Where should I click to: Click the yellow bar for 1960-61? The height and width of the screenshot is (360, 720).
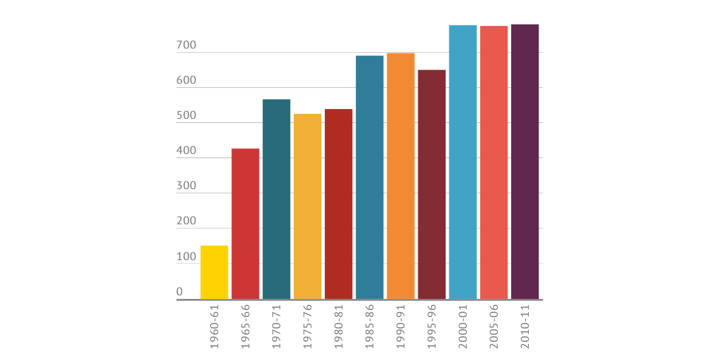click(214, 272)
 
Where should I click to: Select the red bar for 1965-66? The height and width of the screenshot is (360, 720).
click(245, 224)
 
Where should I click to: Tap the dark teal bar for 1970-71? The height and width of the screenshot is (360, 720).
click(276, 199)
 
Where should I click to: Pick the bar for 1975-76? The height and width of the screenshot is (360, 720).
click(307, 206)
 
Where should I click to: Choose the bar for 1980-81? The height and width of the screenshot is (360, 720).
click(338, 204)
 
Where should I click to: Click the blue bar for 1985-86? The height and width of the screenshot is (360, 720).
click(370, 177)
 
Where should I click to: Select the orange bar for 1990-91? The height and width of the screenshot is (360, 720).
click(401, 176)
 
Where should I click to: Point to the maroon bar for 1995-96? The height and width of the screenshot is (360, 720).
click(432, 184)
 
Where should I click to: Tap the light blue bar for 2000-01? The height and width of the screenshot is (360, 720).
click(463, 162)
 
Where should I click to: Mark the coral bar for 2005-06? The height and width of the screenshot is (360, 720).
click(494, 162)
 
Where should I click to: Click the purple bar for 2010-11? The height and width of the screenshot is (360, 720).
click(525, 162)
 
